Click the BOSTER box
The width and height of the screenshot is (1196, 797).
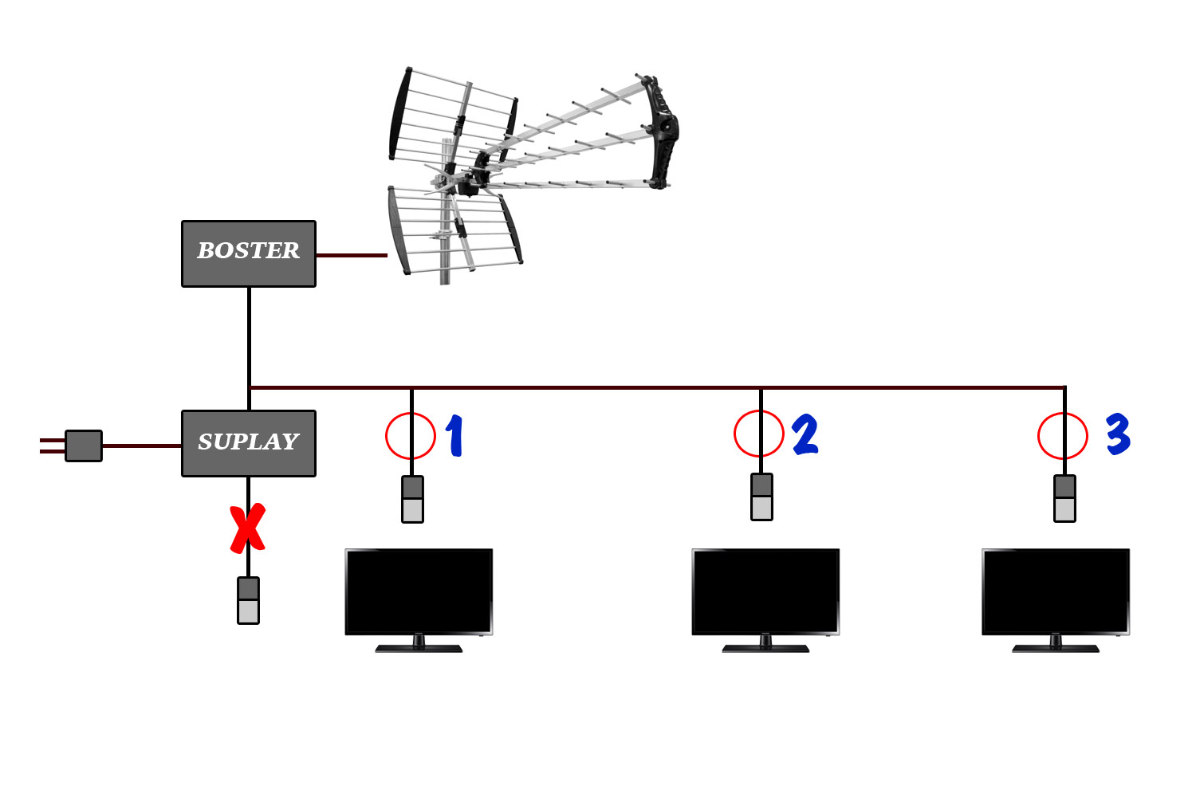click(x=249, y=253)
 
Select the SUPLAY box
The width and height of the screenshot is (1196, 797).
click(x=249, y=443)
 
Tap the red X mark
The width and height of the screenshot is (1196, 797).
click(x=248, y=528)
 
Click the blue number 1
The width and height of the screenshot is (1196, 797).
click(x=454, y=435)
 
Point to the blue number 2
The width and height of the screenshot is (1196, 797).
click(x=805, y=434)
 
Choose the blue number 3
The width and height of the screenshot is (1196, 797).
click(x=1118, y=434)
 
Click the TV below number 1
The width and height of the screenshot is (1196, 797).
click(x=419, y=591)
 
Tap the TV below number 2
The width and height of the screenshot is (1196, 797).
click(x=765, y=591)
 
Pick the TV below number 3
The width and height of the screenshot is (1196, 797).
click(x=1056, y=591)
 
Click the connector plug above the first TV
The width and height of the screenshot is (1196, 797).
click(x=412, y=499)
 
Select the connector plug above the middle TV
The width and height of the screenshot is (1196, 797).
click(x=762, y=497)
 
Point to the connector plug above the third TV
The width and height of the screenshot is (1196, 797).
click(x=1064, y=498)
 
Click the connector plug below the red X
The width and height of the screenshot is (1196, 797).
click(x=249, y=600)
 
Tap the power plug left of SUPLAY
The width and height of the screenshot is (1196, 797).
click(x=83, y=446)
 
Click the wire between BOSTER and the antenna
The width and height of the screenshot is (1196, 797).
click(x=351, y=255)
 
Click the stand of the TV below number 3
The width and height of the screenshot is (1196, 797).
click(x=1056, y=645)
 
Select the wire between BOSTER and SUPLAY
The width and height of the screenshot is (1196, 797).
click(x=250, y=335)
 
